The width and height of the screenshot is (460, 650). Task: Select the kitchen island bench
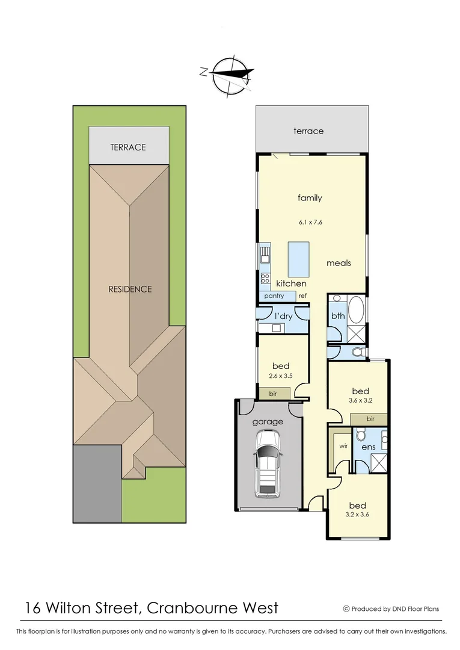(x=299, y=259)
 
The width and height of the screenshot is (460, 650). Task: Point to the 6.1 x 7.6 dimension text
(x=310, y=222)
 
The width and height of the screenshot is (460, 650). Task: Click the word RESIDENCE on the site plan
(x=130, y=289)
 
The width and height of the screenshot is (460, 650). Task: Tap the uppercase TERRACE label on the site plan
(x=127, y=147)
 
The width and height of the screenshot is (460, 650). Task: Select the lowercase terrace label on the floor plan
(x=308, y=131)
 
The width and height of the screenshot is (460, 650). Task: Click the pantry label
(x=274, y=296)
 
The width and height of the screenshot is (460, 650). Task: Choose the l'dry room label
(x=284, y=316)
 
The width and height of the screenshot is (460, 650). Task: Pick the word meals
(x=339, y=263)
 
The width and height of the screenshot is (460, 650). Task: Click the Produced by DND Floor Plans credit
(x=391, y=609)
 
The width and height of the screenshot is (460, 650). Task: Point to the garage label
(x=268, y=422)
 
